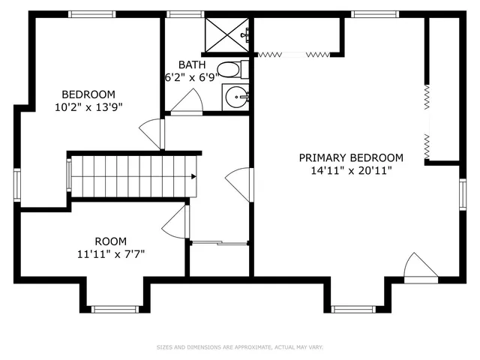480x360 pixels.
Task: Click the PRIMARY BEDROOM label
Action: tap(351, 157)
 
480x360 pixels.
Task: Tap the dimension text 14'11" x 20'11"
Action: tap(351, 170)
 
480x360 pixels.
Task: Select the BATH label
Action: tap(190, 65)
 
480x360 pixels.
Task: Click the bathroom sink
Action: tap(237, 96)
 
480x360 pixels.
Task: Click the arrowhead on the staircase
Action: tap(193, 177)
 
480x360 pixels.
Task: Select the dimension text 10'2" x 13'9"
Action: tap(88, 106)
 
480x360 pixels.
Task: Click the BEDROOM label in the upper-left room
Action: tap(88, 94)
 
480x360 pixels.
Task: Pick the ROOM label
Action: tap(111, 241)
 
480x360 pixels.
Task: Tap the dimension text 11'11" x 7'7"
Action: tap(111, 253)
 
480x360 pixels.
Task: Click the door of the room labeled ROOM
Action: tap(175, 222)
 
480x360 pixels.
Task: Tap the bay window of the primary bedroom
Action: tap(353, 308)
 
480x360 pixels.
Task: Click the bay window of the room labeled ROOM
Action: tap(115, 308)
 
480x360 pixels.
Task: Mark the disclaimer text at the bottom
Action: tap(240, 347)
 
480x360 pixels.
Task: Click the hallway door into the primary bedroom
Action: tap(240, 184)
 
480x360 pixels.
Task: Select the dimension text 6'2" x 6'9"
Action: tap(190, 77)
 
